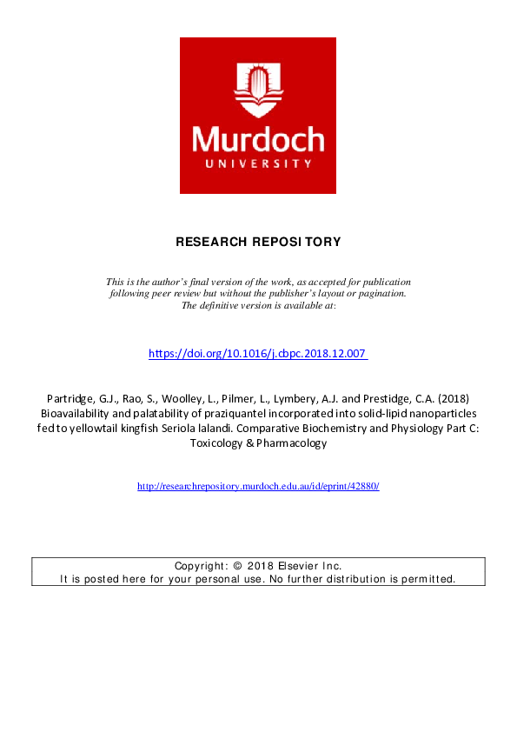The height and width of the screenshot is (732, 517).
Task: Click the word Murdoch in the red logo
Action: click(258, 140)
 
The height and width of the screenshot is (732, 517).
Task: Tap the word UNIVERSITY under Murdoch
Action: click(258, 163)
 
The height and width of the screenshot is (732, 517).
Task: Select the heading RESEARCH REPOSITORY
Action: click(258, 241)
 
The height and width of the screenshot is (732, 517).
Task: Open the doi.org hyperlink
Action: click(258, 354)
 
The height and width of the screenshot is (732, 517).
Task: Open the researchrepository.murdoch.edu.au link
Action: click(258, 486)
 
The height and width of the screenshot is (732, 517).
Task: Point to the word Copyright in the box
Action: click(201, 564)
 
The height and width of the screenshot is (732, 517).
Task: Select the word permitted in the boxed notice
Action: click(427, 578)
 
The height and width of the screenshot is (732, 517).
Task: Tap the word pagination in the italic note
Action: click(379, 294)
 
